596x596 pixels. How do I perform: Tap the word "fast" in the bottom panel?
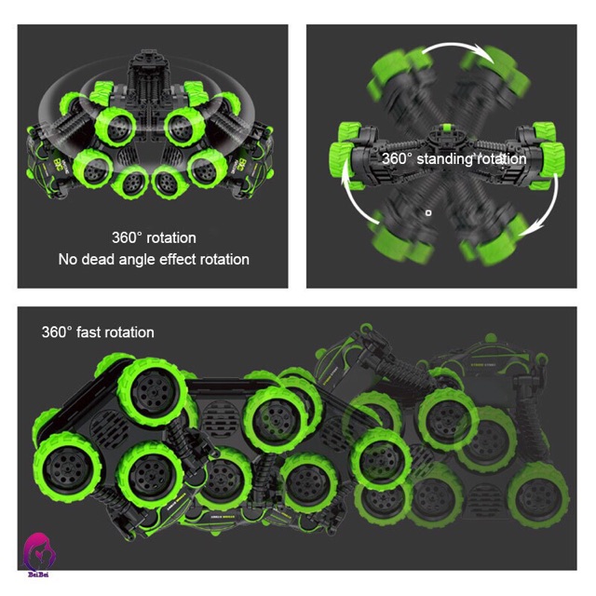pyautogui.click(x=88, y=332)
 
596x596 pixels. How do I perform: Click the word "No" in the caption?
pyautogui.click(x=68, y=259)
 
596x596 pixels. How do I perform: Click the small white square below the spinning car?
pyautogui.click(x=428, y=213)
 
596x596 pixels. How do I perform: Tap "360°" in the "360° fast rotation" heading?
pyautogui.click(x=57, y=332)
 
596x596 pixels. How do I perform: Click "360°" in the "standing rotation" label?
pyautogui.click(x=397, y=158)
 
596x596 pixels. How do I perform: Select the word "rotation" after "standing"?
pyautogui.click(x=501, y=158)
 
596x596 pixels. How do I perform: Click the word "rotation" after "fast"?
pyautogui.click(x=129, y=332)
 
